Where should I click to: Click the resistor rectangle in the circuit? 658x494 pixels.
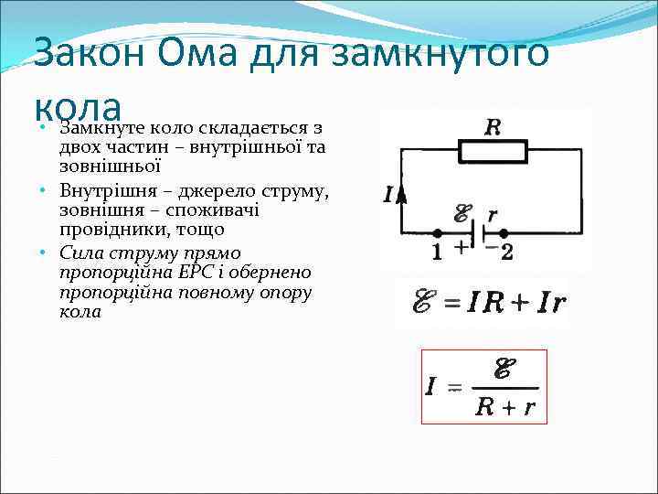pyautogui.click(x=491, y=152)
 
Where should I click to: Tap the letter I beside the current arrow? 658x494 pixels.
pyautogui.click(x=389, y=195)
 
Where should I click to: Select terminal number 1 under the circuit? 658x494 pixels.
pyautogui.click(x=437, y=252)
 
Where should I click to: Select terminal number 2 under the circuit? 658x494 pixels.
pyautogui.click(x=506, y=252)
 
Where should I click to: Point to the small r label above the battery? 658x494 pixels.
pyautogui.click(x=493, y=215)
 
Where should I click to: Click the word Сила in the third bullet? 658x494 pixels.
pyautogui.click(x=80, y=253)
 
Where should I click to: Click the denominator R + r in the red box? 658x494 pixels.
pyautogui.click(x=504, y=407)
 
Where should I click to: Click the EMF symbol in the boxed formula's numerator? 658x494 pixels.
pyautogui.click(x=502, y=369)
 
